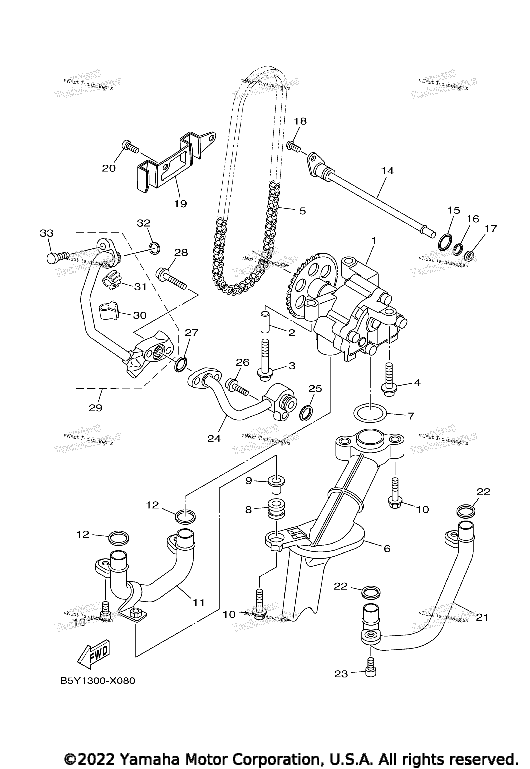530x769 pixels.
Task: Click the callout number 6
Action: (387, 549)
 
